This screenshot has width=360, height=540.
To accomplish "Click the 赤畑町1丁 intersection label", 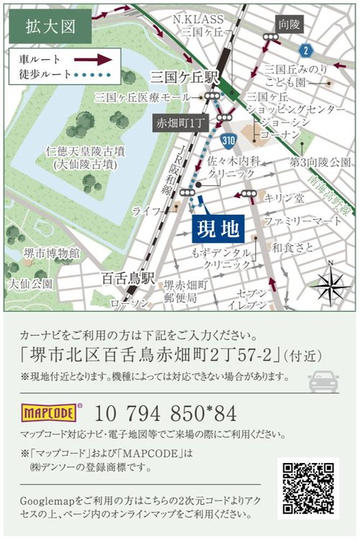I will [173, 123].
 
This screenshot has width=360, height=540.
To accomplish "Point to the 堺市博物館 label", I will [50, 253].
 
